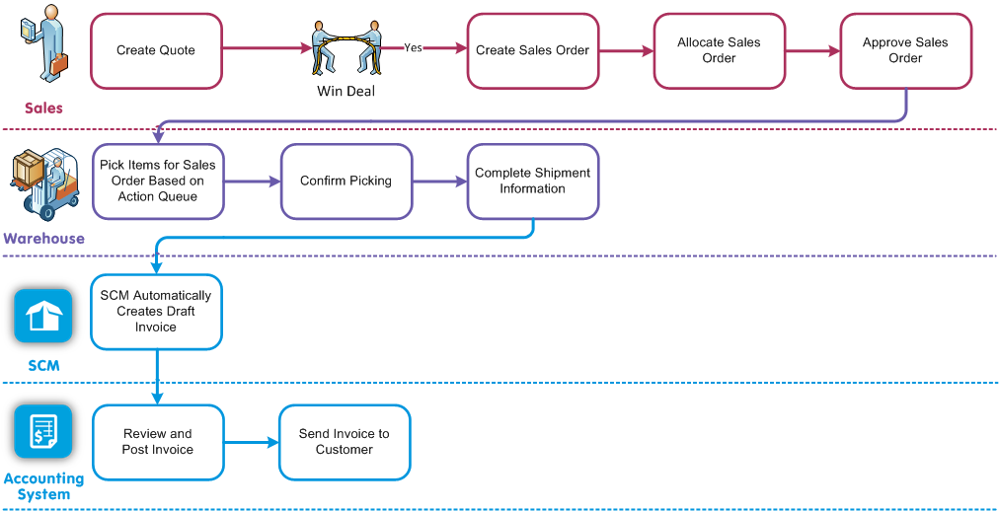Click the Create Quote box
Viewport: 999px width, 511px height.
pos(156,50)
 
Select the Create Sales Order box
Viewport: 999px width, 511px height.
pos(532,50)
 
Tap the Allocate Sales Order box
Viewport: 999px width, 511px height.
pos(719,50)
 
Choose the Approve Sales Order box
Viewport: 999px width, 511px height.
pos(905,50)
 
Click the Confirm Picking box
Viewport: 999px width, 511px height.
pos(346,182)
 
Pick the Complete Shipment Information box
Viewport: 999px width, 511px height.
pos(532,182)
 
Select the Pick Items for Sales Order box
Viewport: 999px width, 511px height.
pos(158,182)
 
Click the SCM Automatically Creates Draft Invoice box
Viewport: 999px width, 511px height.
pos(156,312)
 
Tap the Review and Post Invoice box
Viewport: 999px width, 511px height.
pos(158,442)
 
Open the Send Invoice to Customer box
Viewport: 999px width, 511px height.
pos(345,442)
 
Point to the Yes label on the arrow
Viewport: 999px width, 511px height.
pos(413,47)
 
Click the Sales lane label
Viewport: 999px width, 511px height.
pos(43,109)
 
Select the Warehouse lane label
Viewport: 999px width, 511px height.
pos(43,239)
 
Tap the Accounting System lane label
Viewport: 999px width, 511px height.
pos(43,485)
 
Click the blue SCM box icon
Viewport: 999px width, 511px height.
pos(43,316)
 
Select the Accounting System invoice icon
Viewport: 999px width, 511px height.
pos(43,432)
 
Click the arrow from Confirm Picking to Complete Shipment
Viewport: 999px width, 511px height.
pos(438,182)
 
